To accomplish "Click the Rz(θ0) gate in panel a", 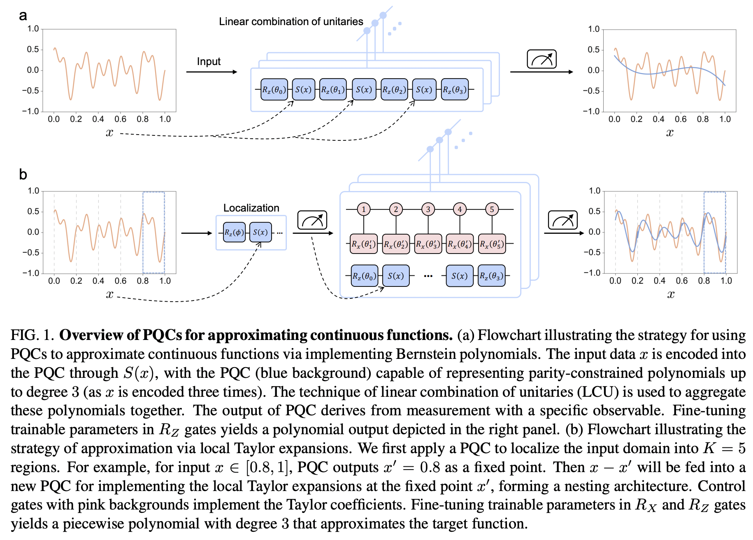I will [x=274, y=89].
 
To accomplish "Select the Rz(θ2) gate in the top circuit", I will [x=394, y=89].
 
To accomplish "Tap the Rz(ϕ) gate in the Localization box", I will [x=234, y=232].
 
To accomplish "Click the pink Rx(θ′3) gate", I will [x=428, y=244].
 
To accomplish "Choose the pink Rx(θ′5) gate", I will [x=492, y=244].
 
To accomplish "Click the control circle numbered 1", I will [x=364, y=209].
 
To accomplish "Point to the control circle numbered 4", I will [x=460, y=209].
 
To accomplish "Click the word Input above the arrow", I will [x=209, y=62].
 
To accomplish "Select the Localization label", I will [x=251, y=208].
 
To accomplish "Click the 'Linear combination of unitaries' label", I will [x=291, y=21].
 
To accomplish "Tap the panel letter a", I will [x=23, y=16].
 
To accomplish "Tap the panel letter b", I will [x=23, y=175].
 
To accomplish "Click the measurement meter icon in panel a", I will [x=542, y=59].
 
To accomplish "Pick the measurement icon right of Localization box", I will [x=312, y=221].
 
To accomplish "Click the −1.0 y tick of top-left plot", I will [x=30, y=112].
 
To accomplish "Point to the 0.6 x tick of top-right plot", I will [x=681, y=119].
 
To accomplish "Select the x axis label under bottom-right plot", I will [x=671, y=294].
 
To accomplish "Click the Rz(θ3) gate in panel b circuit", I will [x=492, y=276].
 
